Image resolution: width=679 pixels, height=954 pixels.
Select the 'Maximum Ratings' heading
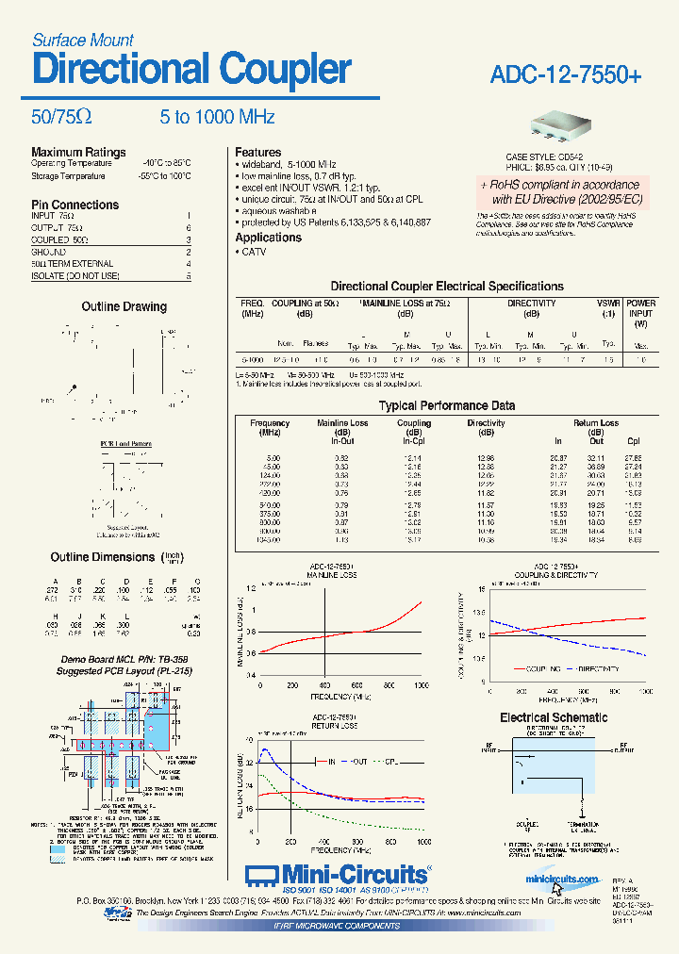pyautogui.click(x=78, y=152)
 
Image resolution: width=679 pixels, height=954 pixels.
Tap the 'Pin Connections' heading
pyautogui.click(x=75, y=205)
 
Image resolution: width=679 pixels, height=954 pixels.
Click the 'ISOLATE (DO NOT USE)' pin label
pyautogui.click(x=75, y=275)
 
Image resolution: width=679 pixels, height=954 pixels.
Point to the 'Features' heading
pyautogui.click(x=257, y=152)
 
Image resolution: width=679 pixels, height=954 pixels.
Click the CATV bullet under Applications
pyautogui.click(x=253, y=252)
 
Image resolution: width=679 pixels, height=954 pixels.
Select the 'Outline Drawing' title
pyautogui.click(x=124, y=306)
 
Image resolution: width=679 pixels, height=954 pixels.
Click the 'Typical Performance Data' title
pyautogui.click(x=446, y=405)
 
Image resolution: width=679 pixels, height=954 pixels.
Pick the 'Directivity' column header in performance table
pyautogui.click(x=486, y=423)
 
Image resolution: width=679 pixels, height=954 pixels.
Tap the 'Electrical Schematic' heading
pyautogui.click(x=554, y=717)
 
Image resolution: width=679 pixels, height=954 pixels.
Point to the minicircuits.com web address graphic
pyautogui.click(x=562, y=879)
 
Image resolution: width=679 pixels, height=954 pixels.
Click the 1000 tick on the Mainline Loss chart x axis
pyautogui.click(x=420, y=686)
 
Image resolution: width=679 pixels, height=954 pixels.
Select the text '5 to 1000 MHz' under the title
pyautogui.click(x=217, y=117)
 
